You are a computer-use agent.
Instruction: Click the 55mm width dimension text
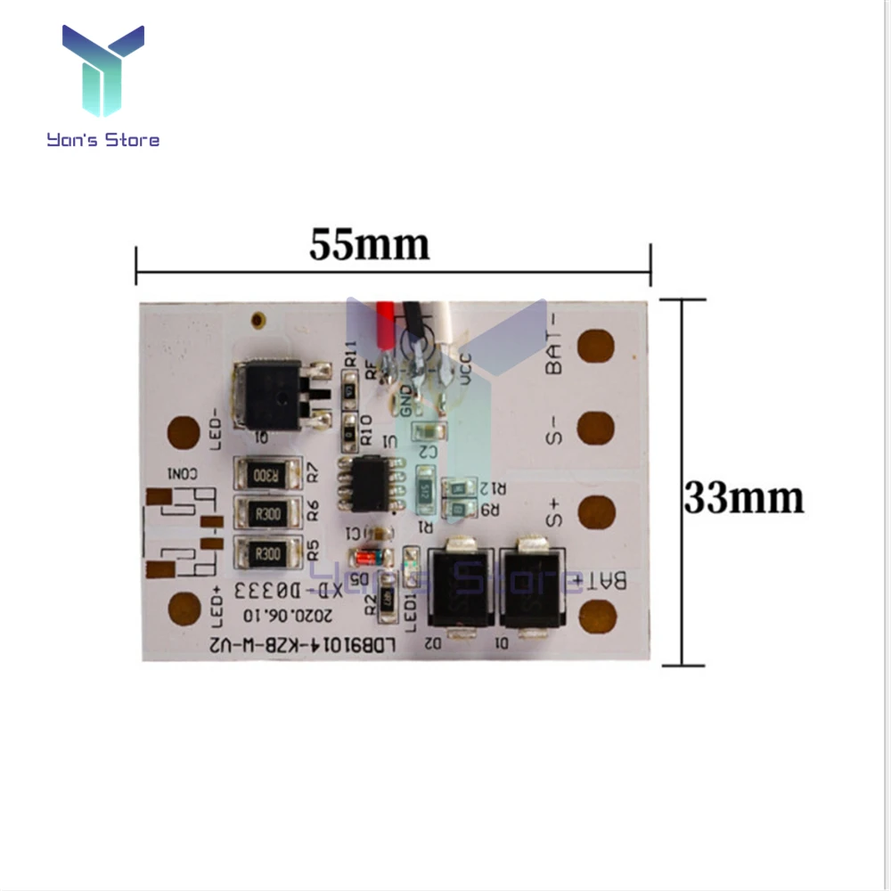click(x=369, y=244)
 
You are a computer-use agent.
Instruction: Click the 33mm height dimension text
click(x=743, y=498)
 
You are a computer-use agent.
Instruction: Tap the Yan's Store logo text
click(x=104, y=140)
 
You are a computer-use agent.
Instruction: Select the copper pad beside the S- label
click(x=595, y=429)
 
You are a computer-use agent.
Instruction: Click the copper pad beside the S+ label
click(x=595, y=513)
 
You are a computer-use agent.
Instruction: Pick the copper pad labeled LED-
click(x=184, y=434)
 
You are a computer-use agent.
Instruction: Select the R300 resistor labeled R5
click(x=266, y=554)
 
